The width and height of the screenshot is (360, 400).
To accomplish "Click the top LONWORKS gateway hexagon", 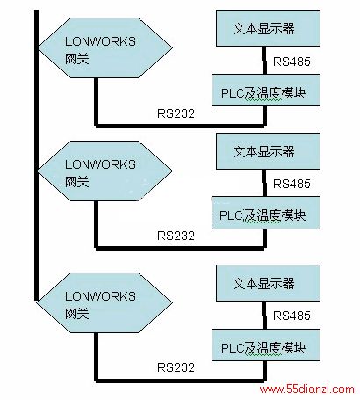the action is (105, 47).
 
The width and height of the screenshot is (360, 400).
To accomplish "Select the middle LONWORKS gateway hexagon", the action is (105, 171).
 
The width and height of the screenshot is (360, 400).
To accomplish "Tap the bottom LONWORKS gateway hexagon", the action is (105, 302).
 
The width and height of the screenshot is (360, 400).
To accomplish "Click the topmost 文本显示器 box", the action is (268, 28).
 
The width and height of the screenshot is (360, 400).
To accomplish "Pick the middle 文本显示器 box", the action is (268, 151).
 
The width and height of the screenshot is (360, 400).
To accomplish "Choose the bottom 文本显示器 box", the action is (268, 283).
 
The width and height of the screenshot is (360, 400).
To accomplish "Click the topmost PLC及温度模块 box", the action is (266, 90).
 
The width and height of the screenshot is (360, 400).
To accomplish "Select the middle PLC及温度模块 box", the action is (266, 213).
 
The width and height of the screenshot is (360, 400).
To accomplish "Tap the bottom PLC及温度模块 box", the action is (266, 345).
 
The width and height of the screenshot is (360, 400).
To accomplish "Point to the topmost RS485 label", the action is (292, 62).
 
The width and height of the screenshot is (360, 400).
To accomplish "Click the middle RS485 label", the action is (292, 184).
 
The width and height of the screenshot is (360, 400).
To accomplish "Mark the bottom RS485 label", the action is (292, 316).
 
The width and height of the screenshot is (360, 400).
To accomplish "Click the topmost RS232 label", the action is (176, 113).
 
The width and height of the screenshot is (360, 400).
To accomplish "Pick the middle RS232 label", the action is (176, 236).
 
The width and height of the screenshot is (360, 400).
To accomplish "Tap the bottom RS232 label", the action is (176, 367).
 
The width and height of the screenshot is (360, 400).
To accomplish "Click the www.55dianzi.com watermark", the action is (307, 389).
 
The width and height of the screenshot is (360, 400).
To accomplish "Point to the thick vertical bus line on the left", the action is (36, 156).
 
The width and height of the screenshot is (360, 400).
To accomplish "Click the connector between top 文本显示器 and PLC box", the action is (264, 60).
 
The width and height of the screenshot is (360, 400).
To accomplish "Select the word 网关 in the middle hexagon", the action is (76, 182).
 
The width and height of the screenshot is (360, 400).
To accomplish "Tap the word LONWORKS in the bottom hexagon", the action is (100, 296).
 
